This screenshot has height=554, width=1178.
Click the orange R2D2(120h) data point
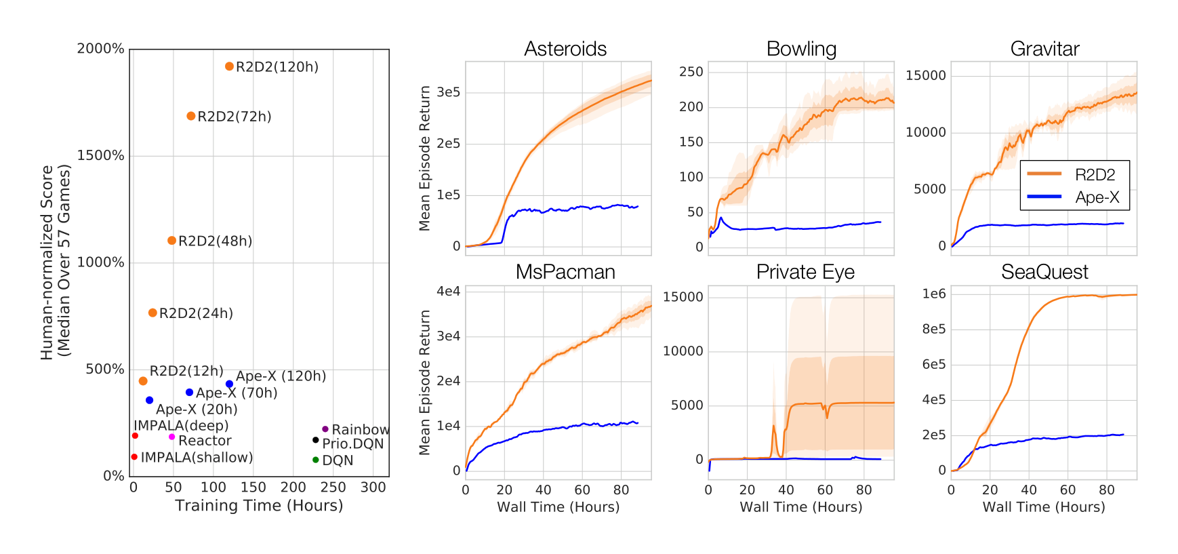point(229,66)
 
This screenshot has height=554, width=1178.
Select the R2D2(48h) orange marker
point(171,241)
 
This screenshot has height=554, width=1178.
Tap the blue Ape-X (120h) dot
point(229,384)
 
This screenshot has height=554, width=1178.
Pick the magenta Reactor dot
point(171,437)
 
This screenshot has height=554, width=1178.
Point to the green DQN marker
point(315,460)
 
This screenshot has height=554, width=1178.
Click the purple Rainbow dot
point(325,429)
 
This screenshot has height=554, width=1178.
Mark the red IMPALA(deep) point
point(135,436)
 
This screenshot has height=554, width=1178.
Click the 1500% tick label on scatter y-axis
point(100,155)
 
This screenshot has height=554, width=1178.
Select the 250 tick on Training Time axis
point(333,487)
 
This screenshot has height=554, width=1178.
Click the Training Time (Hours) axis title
point(259,506)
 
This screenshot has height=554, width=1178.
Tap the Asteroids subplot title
point(565,49)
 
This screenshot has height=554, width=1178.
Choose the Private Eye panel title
point(805,272)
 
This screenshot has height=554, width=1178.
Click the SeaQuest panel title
point(1044,272)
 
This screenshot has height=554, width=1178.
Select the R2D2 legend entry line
point(1044,174)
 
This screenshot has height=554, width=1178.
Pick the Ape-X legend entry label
point(1097,197)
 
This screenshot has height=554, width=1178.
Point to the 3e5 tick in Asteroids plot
point(448,92)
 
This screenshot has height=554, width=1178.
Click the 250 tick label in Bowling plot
point(691,72)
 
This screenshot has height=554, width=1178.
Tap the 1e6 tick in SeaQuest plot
point(933,294)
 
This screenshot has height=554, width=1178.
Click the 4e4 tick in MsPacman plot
point(448,292)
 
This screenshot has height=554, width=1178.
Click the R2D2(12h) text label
point(186,371)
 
